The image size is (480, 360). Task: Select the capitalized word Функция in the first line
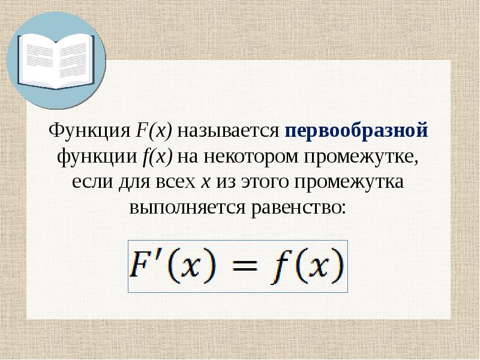pos(89,130)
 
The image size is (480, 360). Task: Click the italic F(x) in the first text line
pos(153,130)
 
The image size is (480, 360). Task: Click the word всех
pos(179,182)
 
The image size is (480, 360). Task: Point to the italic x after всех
pos(205,182)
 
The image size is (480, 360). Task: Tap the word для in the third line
pos(136,182)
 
